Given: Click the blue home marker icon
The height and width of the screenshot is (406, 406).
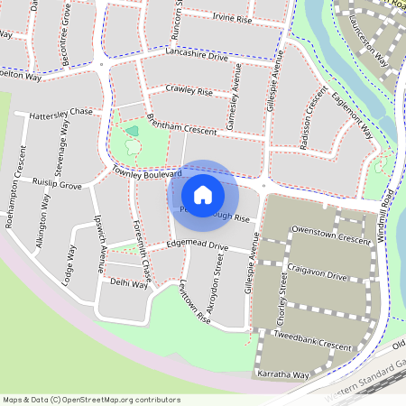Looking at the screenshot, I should point(203,194).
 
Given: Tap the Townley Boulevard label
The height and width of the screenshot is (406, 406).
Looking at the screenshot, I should point(146,171).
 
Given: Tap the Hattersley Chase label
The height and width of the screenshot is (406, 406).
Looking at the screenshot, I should point(61,113).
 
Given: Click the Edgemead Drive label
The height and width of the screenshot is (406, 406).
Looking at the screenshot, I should point(198,246).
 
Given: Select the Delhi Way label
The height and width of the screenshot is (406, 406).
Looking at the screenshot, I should point(128,282).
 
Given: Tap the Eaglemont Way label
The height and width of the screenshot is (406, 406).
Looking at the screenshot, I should point(352,115).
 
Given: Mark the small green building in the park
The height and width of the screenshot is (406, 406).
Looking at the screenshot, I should point(133,132).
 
